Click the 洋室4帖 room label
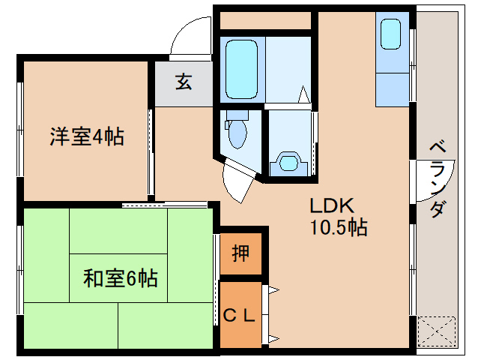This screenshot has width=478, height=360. coord(86,136)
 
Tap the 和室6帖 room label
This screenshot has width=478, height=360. coord(120,279)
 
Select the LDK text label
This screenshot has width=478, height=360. coord(327,205)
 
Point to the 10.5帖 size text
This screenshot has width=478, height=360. coord(339,227)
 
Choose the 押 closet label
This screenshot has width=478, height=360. coord(240,254)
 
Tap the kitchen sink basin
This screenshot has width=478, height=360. coord(392,34)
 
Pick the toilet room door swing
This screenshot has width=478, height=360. coord(238,180)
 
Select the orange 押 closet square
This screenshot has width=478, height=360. coord(240,254)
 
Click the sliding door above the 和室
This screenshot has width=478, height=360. coord(165,204)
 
